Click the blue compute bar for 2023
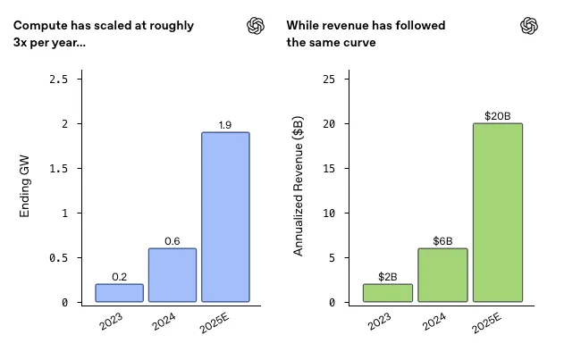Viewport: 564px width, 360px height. [119, 293]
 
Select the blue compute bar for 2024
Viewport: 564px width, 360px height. [173, 275]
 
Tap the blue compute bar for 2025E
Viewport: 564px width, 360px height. [225, 217]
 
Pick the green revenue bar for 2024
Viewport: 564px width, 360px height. [442, 275]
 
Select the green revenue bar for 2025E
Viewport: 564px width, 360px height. [497, 213]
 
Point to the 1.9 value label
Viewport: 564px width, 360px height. [225, 125]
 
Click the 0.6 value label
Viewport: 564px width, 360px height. [173, 241]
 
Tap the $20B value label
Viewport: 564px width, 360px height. [497, 116]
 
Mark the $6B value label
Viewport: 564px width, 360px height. [442, 241]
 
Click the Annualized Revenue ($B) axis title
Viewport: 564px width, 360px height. [299, 189]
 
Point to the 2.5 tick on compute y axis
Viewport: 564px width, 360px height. [58, 80]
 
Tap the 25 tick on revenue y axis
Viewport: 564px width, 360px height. [329, 80]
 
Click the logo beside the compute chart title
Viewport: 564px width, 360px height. [257, 26]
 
